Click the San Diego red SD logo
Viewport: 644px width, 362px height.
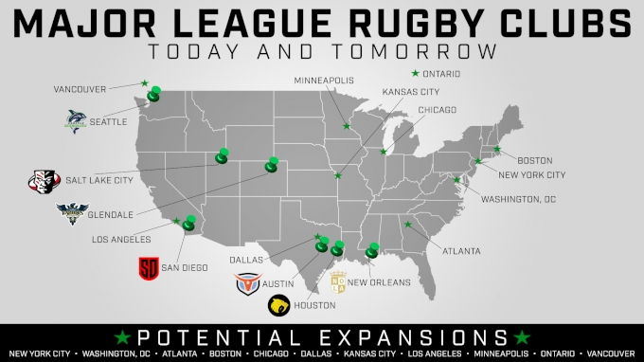tap(148, 267)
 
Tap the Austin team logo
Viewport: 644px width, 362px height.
tap(248, 281)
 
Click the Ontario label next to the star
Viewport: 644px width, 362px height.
tap(441, 73)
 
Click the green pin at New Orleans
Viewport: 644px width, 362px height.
tap(371, 250)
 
